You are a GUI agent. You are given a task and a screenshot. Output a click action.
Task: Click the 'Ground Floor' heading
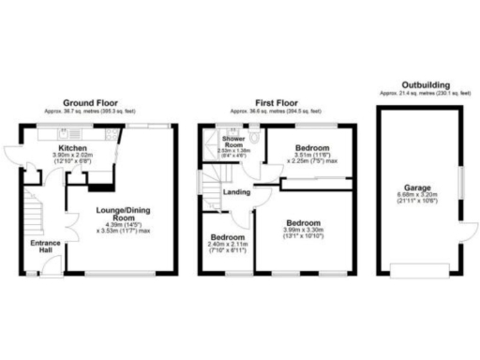[90, 102]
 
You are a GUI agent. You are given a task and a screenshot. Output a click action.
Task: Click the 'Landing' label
[234, 193]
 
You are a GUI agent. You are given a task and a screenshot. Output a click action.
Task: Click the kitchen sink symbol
[64, 132]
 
